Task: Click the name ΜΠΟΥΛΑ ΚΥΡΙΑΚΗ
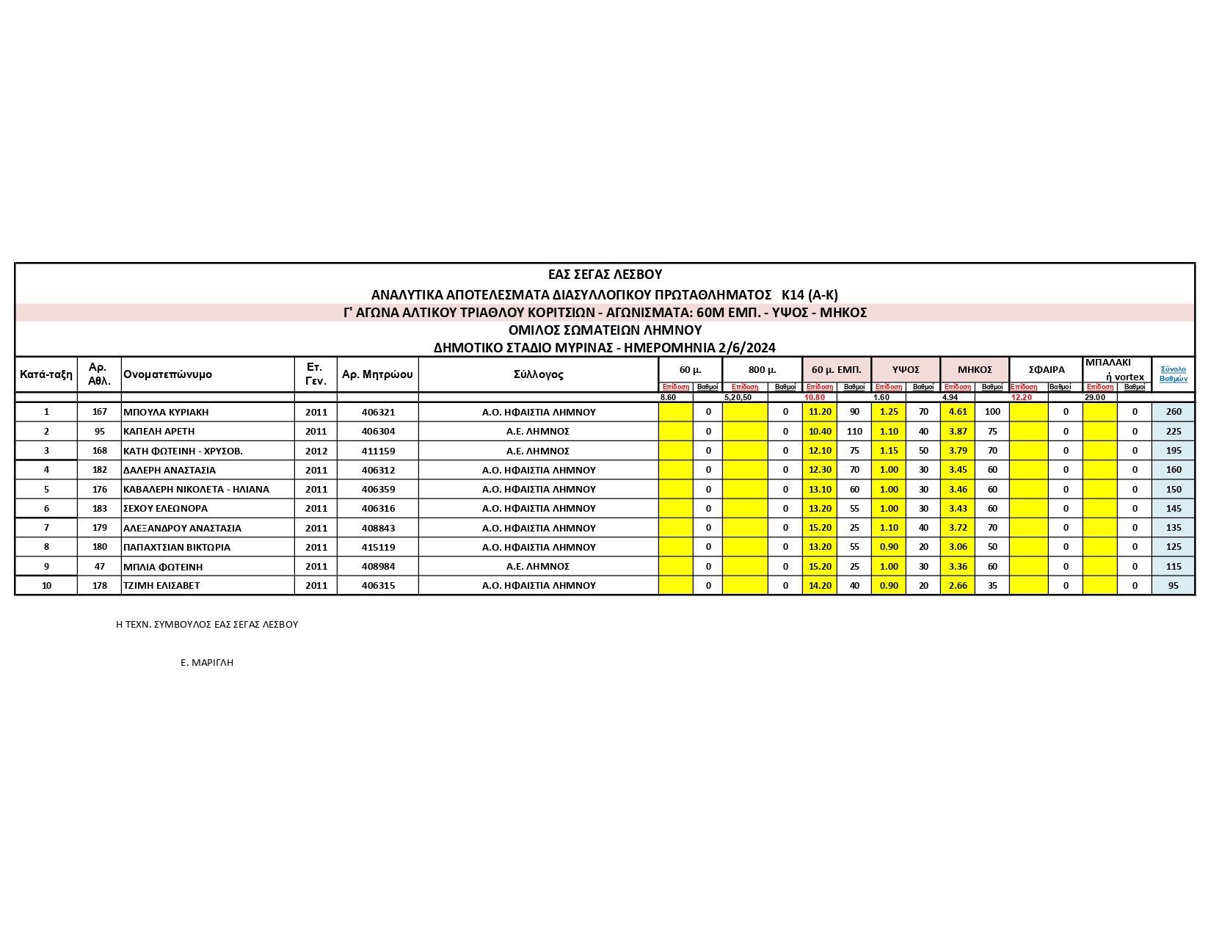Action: tap(166, 412)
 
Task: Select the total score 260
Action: tap(1174, 412)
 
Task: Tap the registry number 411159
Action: tap(378, 451)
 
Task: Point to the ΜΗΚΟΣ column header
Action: tap(975, 370)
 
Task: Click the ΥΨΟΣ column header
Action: tap(906, 370)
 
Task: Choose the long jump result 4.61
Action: tap(958, 412)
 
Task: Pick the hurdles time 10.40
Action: tap(819, 432)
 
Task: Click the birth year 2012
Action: tap(316, 451)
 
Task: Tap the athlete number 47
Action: tap(100, 566)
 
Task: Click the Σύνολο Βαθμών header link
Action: tap(1173, 374)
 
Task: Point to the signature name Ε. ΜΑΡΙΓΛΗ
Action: tap(207, 662)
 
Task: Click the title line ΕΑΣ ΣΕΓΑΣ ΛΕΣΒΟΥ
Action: tap(605, 275)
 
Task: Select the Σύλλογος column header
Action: tap(539, 374)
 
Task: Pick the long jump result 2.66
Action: tap(958, 585)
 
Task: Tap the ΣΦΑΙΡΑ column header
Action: tap(1047, 370)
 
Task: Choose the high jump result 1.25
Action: tap(889, 412)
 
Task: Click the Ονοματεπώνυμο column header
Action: tap(167, 374)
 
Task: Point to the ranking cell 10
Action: tap(46, 585)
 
